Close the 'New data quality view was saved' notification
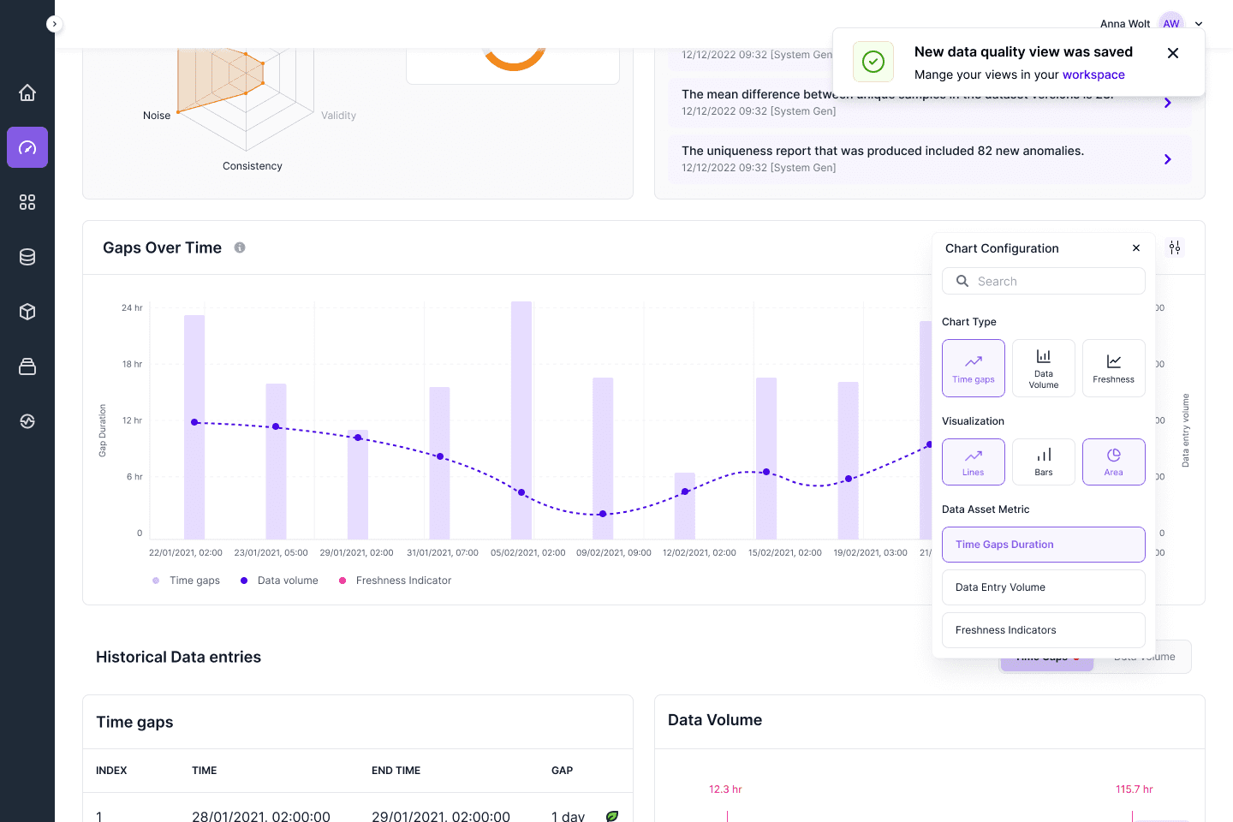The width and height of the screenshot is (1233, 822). point(1173,53)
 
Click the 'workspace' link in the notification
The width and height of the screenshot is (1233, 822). point(1093,74)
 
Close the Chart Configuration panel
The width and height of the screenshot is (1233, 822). point(1136,248)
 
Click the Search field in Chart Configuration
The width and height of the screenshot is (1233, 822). point(1044,281)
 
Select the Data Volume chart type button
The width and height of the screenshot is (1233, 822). point(1044,368)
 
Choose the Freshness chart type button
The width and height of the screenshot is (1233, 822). point(1113,368)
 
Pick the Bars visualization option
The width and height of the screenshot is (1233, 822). point(1044,462)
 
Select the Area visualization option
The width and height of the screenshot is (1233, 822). point(1113,462)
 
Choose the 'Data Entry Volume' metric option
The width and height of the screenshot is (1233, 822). point(1044,587)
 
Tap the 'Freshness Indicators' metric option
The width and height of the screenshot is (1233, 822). point(1044,630)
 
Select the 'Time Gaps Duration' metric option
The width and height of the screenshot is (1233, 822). point(1044,545)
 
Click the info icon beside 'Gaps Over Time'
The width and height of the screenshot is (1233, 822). point(240,247)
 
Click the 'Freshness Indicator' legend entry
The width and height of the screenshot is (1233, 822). point(402,581)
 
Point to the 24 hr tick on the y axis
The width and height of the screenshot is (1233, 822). point(132,307)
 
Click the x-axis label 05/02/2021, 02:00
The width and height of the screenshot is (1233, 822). point(527,552)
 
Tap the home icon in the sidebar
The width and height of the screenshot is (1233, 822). point(27,92)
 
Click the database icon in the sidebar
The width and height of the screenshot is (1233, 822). point(27,257)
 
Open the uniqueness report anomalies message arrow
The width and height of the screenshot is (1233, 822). point(1168,159)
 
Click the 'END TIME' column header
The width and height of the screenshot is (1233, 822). point(396,771)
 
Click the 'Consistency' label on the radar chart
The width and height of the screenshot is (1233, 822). point(252,166)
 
